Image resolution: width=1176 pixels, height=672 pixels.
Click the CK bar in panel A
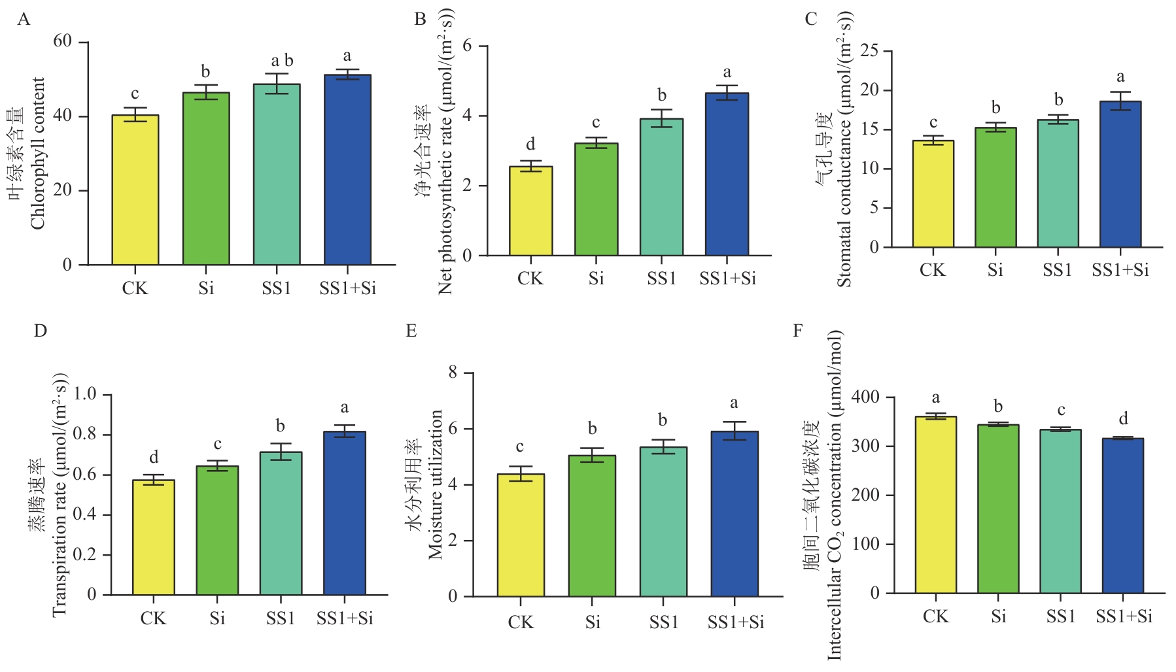135,190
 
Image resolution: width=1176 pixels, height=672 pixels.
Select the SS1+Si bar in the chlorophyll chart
347,170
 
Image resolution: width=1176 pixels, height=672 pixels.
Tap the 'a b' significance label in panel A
282,61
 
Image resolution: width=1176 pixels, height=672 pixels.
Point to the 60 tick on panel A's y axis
63,41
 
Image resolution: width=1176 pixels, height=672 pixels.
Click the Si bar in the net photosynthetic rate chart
596,199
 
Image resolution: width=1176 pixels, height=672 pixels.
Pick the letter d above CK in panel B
530,144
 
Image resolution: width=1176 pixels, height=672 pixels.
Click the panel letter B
420,19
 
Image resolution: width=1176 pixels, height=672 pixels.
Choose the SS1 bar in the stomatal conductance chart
1058,184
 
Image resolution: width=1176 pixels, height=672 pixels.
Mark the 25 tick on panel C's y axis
869,50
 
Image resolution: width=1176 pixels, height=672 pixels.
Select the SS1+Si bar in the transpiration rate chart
345,513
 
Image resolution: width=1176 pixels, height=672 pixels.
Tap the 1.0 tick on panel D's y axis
85,394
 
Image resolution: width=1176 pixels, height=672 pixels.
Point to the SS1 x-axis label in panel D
280,618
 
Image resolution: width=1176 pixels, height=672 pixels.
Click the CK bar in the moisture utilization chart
521,535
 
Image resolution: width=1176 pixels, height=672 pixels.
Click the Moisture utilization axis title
436,484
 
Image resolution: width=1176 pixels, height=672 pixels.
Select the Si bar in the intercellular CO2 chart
998,509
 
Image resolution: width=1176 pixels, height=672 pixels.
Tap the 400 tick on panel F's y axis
865,397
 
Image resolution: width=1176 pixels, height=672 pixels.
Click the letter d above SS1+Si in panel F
1123,419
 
